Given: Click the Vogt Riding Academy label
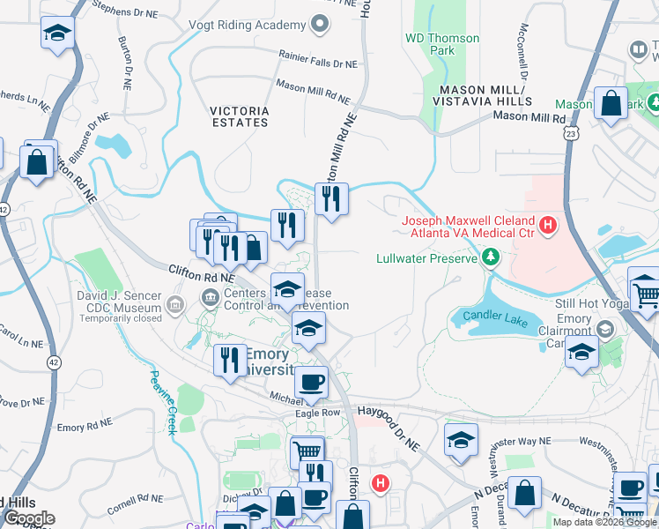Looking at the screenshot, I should tap(255, 25).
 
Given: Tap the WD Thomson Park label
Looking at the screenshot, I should tap(442, 44).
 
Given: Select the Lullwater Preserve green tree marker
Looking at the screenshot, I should tap(491, 258).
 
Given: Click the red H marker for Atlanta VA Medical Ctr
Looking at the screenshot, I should tap(549, 227).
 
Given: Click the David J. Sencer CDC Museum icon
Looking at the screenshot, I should tap(175, 307).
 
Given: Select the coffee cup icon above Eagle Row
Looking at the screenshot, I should tap(310, 383).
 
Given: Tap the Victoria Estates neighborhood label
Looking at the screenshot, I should tap(240, 116).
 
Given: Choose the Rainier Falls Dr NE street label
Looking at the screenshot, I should tap(318, 64).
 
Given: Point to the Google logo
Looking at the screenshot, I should tap(29, 518).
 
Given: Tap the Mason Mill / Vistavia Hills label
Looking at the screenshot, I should tap(483, 95).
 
